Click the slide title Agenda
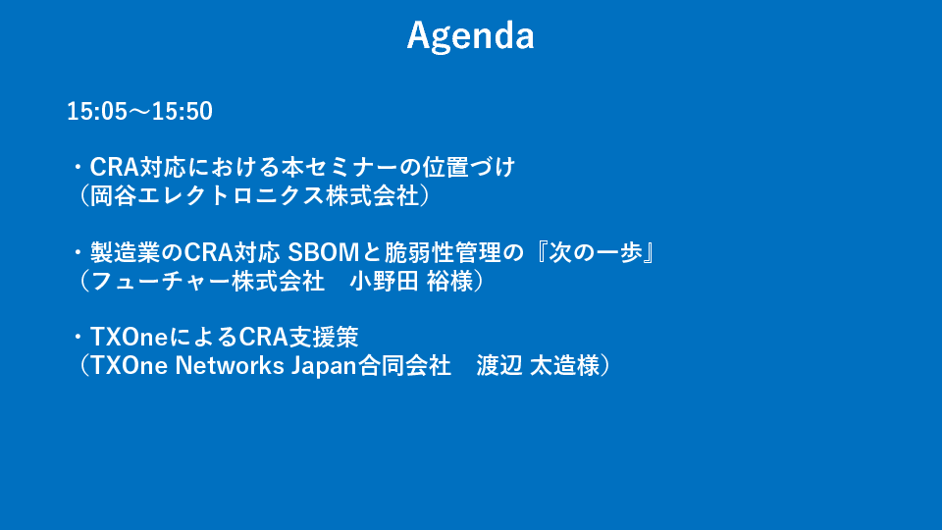[470, 36]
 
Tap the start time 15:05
[97, 112]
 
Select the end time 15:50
[183, 112]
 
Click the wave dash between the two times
[139, 112]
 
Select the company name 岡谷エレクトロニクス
[207, 196]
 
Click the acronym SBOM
[323, 252]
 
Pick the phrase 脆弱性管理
[443, 252]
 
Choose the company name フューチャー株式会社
[207, 282]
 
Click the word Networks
[230, 366]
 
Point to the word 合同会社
[405, 366]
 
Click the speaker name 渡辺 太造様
[538, 366]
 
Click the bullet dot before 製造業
[78, 253]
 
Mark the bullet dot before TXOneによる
[78, 338]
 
